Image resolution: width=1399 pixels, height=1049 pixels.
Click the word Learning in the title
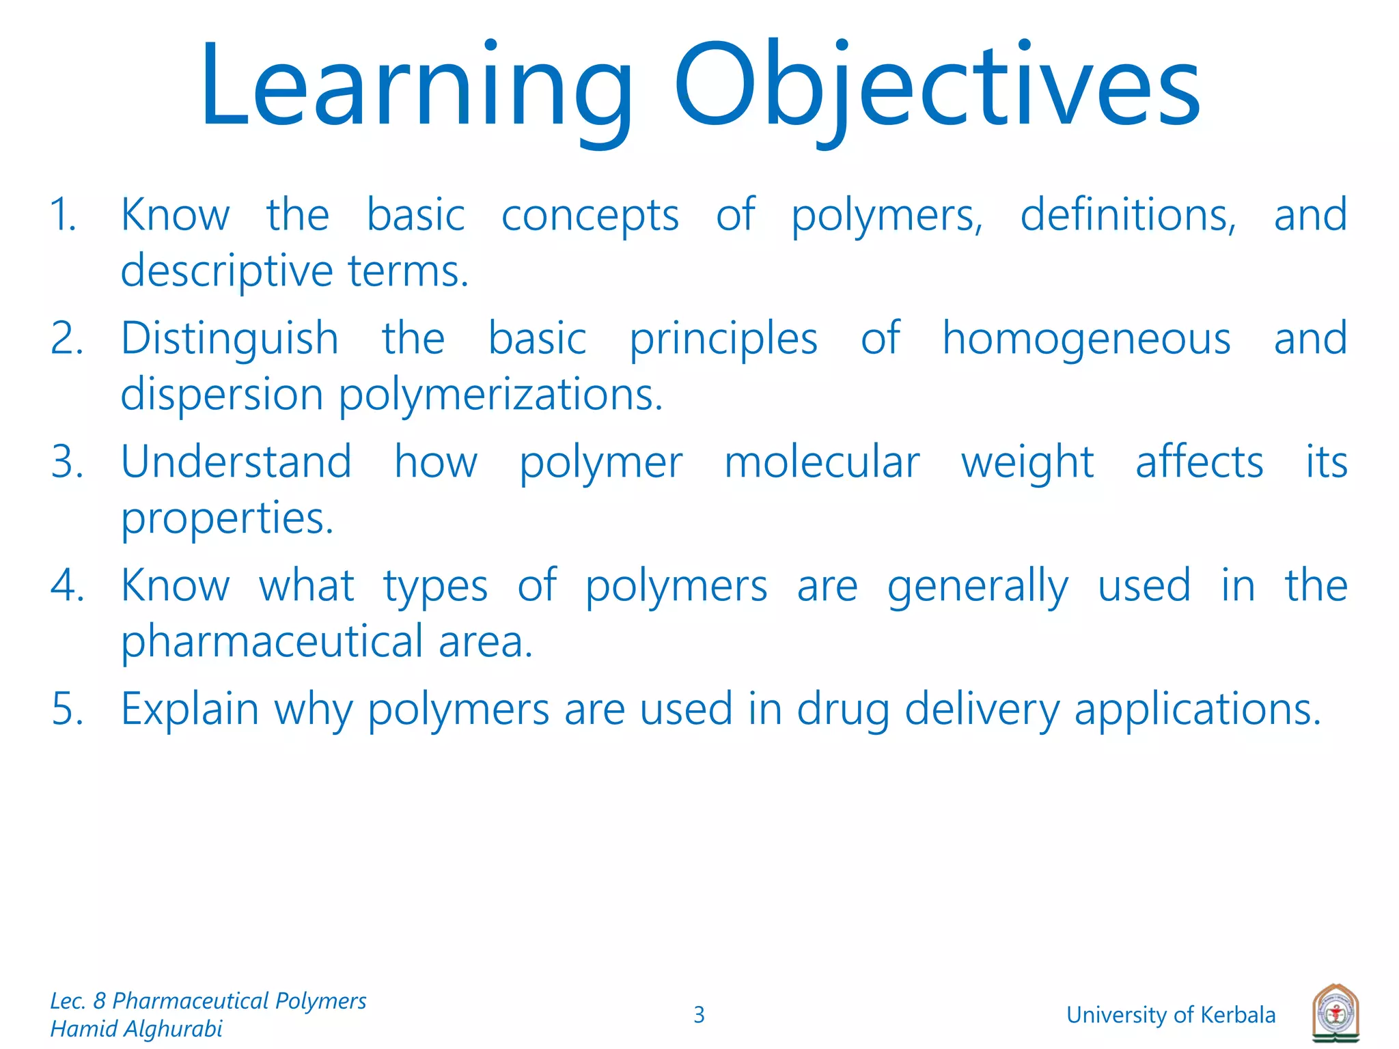(417, 85)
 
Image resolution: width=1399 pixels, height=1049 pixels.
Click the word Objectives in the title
(937, 85)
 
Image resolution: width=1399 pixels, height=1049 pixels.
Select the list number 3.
(67, 462)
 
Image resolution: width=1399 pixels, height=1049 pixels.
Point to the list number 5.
(67, 709)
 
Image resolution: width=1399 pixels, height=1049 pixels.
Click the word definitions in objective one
(1128, 215)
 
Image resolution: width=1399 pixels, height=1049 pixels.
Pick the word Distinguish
(230, 339)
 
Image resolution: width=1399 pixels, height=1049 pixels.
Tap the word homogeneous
(1086, 339)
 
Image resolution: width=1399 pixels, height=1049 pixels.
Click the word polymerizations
(501, 395)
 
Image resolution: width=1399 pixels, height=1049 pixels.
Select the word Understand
(236, 462)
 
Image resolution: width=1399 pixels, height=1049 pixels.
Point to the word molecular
(822, 462)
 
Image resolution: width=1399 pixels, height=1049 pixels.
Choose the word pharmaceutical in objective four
(273, 642)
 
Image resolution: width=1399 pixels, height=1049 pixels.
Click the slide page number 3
(699, 1015)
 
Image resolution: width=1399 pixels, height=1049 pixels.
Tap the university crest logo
(1335, 1013)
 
